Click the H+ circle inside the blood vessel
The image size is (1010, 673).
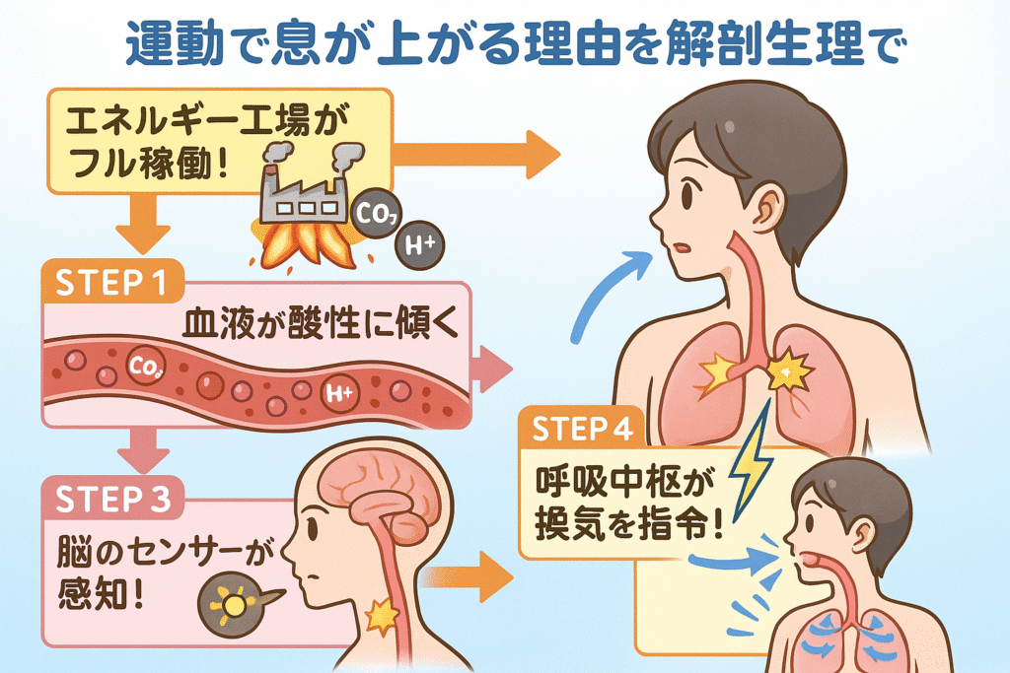[x=338, y=396]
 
